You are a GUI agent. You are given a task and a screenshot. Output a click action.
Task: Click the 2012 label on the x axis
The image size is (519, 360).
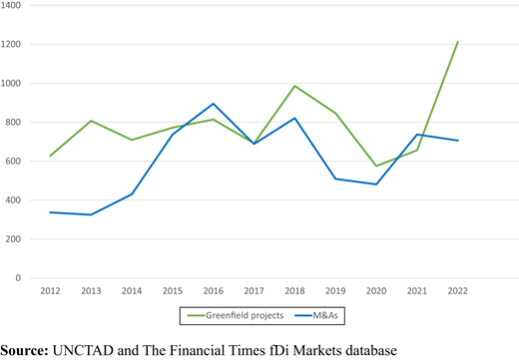[50, 291]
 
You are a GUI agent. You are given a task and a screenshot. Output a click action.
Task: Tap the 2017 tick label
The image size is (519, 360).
[254, 291]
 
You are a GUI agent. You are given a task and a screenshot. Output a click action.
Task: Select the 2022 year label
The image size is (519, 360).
[458, 291]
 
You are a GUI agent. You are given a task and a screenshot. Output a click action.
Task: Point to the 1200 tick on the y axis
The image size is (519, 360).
[11, 44]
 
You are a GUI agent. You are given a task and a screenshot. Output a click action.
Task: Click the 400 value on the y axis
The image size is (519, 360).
[13, 200]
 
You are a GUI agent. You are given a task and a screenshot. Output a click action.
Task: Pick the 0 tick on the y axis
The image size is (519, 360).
[18, 278]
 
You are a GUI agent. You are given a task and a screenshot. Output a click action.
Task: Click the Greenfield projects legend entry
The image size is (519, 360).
[236, 315]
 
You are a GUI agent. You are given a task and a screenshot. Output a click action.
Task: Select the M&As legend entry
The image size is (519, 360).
[316, 315]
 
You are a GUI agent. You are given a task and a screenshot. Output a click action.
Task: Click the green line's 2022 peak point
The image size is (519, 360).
[458, 42]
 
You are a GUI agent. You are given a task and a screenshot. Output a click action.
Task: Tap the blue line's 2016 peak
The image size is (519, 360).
[214, 104]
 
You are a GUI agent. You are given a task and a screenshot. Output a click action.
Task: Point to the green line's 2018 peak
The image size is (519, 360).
[294, 86]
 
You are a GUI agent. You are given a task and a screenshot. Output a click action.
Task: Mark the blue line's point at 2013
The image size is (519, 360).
[91, 214]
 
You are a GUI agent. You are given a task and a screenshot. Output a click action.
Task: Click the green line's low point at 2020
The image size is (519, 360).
[376, 166]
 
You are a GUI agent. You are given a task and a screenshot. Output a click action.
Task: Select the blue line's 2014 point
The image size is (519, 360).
[132, 194]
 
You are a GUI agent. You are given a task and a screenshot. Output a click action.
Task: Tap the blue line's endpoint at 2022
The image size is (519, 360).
[458, 141]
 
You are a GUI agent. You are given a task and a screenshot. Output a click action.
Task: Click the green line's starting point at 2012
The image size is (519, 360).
[50, 156]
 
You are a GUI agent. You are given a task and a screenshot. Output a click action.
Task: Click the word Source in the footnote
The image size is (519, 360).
[24, 351]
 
